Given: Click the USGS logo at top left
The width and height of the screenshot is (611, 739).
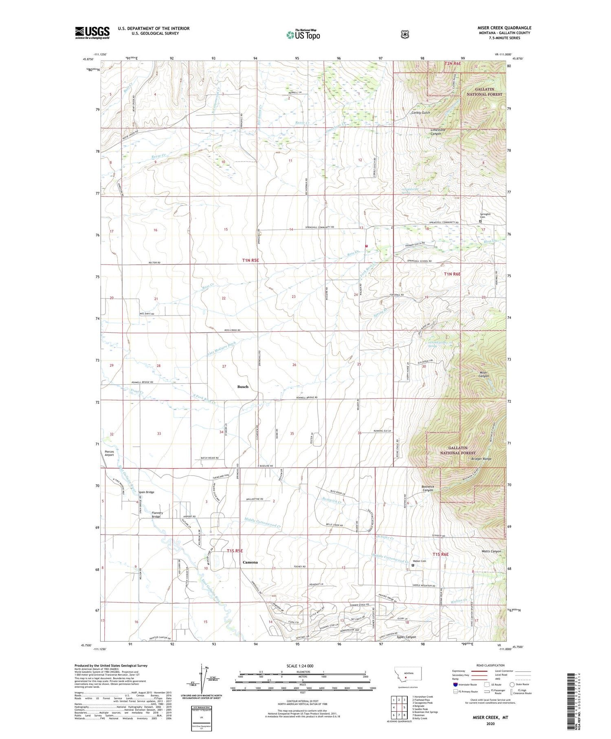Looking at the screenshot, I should pos(92,33).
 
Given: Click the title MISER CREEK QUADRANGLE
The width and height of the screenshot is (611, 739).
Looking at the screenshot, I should pos(504,28).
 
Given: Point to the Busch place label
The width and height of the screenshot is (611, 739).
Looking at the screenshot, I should pos(243,386).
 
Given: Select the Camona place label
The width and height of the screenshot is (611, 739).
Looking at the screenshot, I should pos(250,562).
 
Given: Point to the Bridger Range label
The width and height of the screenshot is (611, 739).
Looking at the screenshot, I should pos(481,459).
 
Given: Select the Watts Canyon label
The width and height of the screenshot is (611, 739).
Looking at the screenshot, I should pos(490,551).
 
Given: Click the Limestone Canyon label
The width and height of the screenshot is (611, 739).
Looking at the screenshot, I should pos(438,132).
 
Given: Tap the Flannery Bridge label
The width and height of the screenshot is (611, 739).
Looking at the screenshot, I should pos(157,515).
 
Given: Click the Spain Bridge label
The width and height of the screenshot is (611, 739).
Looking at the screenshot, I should pos(146,492).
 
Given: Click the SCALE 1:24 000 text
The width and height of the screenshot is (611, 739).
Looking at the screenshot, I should pos(300,666).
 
